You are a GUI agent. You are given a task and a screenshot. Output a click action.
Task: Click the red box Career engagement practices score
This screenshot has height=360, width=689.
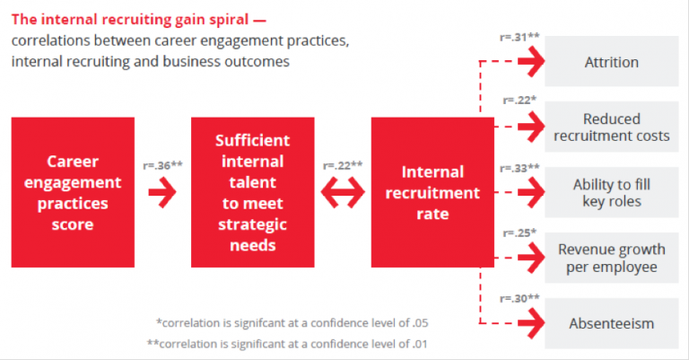coord(73,192)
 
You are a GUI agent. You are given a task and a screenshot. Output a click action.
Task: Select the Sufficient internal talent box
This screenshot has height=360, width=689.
coord(253,192)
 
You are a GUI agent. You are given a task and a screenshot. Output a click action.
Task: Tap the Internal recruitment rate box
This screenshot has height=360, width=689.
coord(432,192)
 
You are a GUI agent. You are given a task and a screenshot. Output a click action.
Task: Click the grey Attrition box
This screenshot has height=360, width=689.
coord(612,62)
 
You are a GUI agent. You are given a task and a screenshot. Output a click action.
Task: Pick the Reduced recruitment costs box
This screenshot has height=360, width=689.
coord(612,127)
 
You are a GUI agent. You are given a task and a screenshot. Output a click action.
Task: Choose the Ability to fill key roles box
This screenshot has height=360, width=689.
coord(612,192)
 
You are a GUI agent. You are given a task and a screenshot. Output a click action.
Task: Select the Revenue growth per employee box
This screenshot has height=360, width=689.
coord(612,258)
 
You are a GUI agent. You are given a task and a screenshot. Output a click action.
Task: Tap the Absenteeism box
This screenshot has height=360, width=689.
coord(612,323)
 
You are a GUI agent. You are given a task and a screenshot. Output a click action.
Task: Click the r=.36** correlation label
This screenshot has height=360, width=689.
coord(162,166)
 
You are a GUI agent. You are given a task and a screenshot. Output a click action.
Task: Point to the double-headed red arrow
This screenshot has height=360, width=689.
coord(343,192)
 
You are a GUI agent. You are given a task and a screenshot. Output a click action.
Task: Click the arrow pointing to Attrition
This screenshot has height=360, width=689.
coord(531,62)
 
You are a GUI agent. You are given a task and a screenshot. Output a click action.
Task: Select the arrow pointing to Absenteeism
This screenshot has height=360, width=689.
coord(531,323)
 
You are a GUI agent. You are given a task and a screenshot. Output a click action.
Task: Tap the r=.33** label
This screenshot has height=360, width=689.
coord(519,169)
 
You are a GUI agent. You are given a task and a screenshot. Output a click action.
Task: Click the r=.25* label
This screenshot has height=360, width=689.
coord(519,233)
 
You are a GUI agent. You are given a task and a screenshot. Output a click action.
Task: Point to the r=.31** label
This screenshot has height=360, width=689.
coord(519,38)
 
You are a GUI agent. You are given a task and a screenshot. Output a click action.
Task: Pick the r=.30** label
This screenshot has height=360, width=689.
coord(519,298)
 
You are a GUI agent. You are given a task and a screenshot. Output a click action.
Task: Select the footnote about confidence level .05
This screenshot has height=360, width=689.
coord(292,323)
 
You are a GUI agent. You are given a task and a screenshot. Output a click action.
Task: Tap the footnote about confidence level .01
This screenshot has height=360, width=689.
coord(287,344)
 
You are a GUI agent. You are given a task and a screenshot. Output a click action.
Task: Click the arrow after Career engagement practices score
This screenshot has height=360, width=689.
coord(162,192)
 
